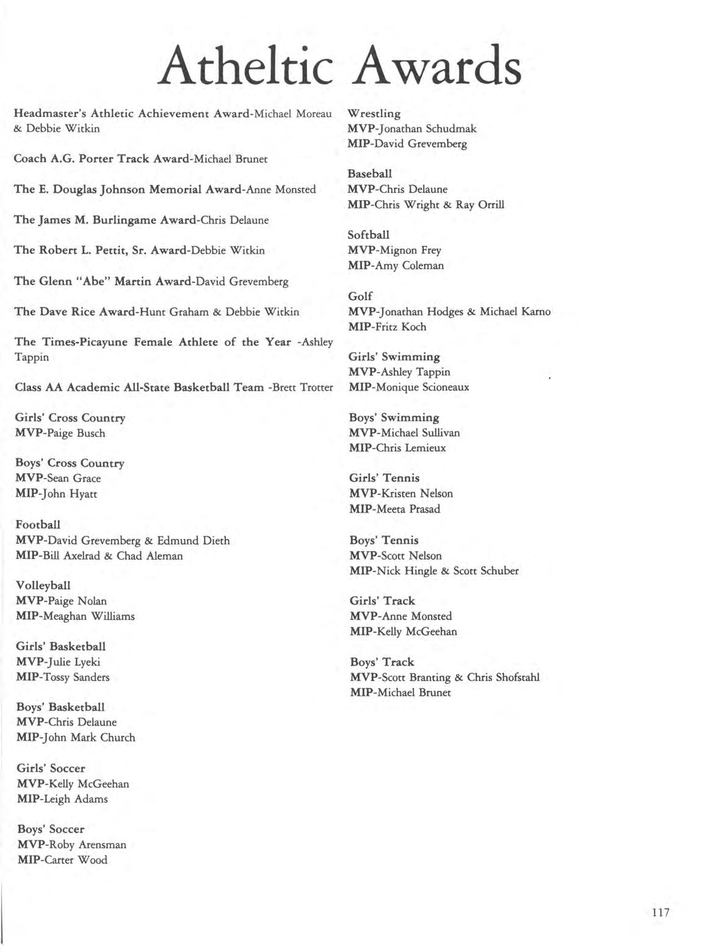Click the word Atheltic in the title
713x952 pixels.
(245, 66)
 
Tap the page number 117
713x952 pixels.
(661, 912)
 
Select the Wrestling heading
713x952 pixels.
(374, 114)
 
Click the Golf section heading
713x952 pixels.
(360, 296)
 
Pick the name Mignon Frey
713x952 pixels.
(410, 250)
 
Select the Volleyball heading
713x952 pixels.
(43, 585)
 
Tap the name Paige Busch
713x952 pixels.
(76, 433)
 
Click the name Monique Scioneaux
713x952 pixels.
(424, 387)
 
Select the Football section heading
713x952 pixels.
(38, 524)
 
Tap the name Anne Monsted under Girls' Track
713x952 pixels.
(417, 616)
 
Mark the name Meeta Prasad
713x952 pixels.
(409, 509)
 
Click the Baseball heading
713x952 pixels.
(370, 174)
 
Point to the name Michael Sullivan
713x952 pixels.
(421, 433)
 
